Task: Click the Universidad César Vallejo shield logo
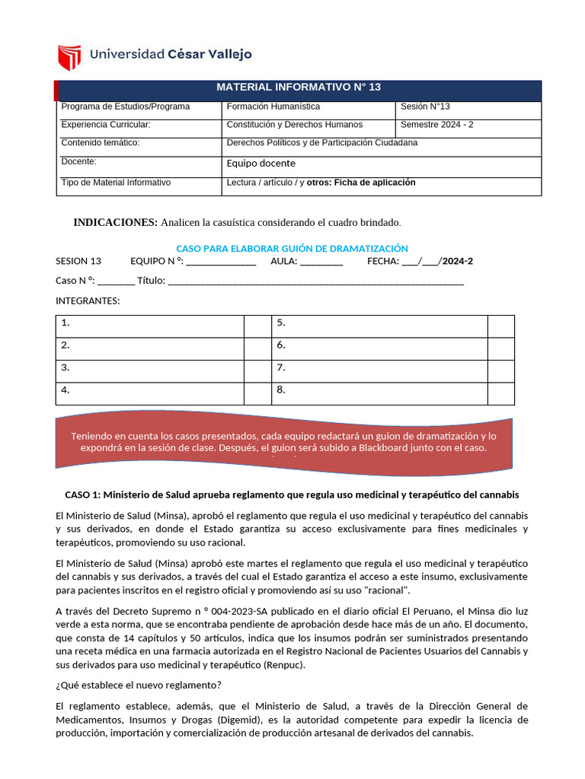pos(69,57)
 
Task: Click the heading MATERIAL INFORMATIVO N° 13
pos(299,87)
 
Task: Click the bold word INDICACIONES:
pos(115,222)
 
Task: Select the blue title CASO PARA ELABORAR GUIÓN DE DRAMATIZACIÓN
pos(292,249)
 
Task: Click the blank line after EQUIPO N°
pos(221,262)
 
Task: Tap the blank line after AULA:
pos(321,262)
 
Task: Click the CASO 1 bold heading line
pos(292,494)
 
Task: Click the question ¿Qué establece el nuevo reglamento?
pos(139,684)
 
